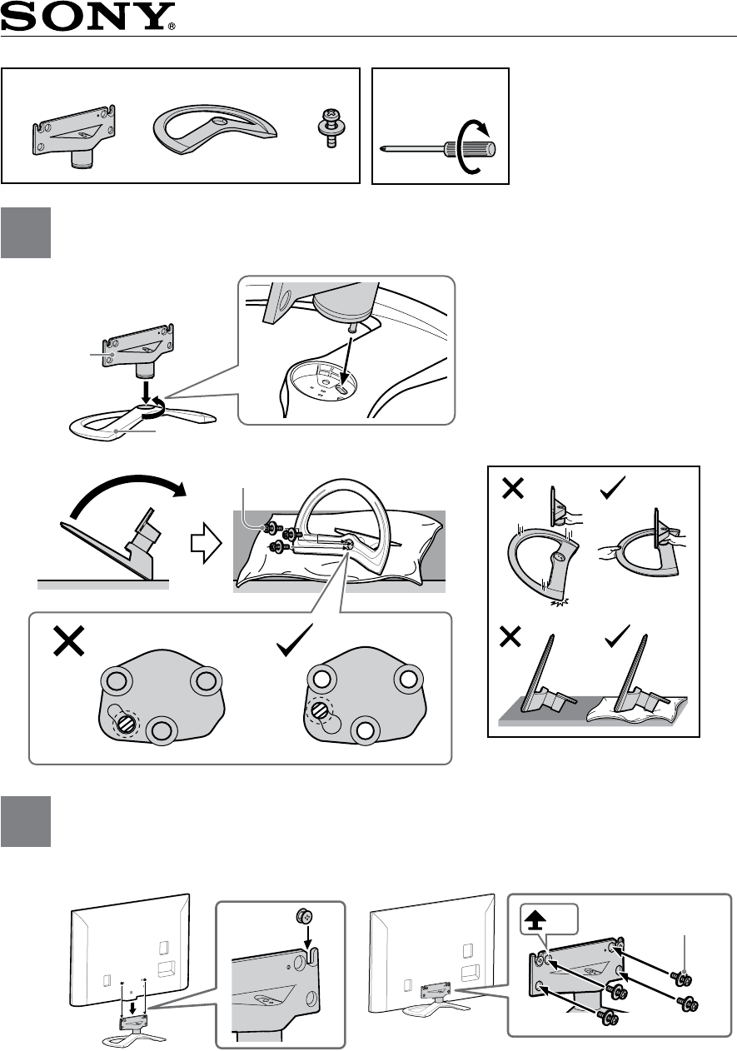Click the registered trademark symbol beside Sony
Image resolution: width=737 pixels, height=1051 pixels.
172,26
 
